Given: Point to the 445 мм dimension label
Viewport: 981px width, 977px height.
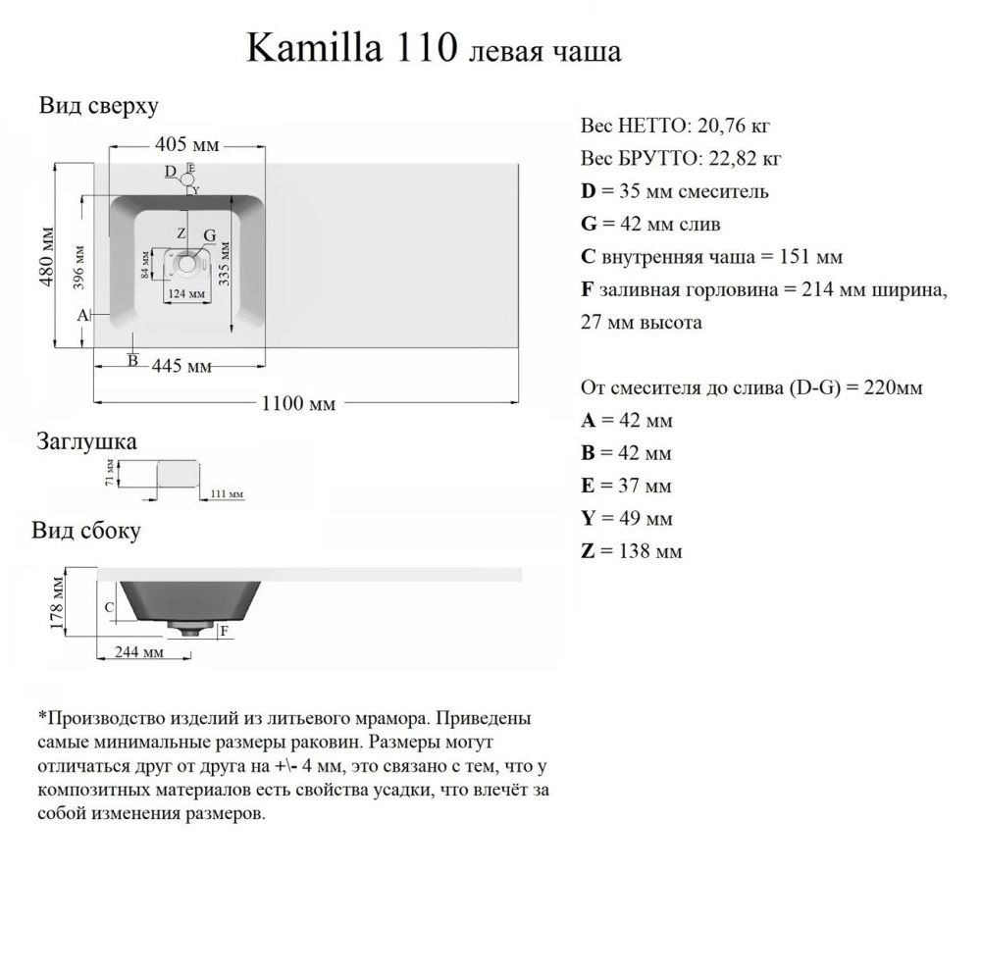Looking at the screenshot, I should coord(181,367).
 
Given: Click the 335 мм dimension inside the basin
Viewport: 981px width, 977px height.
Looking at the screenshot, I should coord(225,262).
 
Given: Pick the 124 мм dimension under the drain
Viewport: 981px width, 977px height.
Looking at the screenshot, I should coord(185,293).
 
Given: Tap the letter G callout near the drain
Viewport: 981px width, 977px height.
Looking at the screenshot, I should coord(209,235).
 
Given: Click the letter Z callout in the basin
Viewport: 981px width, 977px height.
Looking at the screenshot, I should coord(181,233).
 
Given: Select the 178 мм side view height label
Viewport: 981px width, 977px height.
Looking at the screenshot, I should coord(58,602).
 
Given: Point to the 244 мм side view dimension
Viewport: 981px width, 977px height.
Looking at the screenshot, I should coord(138,652).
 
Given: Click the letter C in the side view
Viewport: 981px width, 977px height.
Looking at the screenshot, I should coord(110,607).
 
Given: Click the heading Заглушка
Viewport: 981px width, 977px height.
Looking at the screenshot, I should coord(86,441).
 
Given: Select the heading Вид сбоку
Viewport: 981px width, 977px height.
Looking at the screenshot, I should coord(86,531).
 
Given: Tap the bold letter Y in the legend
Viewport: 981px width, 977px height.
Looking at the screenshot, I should coord(588,518).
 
